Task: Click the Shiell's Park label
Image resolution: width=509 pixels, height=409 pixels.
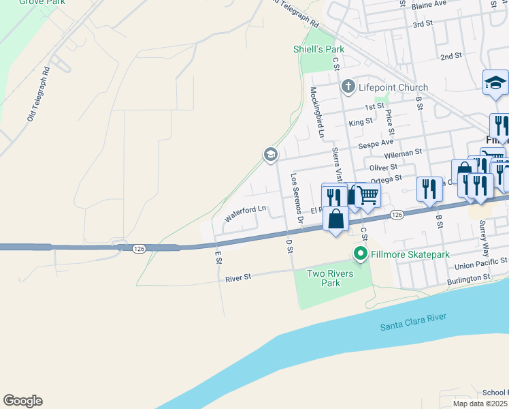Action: (x=318, y=49)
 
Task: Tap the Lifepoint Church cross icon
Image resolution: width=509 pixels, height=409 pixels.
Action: (x=348, y=87)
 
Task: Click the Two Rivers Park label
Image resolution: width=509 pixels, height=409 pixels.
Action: (x=323, y=278)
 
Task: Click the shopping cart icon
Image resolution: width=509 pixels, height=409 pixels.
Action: (x=368, y=194)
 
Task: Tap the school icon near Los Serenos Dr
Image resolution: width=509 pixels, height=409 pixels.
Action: (x=271, y=155)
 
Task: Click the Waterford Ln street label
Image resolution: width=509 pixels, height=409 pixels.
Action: (x=244, y=214)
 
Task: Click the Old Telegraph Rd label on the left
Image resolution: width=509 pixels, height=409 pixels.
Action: (x=39, y=93)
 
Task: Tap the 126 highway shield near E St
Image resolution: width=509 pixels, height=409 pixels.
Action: (x=139, y=249)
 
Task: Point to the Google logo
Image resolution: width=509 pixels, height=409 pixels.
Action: (x=22, y=401)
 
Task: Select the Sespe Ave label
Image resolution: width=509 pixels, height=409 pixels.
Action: (x=378, y=143)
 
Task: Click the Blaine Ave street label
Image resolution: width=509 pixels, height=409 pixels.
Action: (x=428, y=4)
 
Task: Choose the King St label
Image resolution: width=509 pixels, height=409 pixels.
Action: (x=361, y=122)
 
